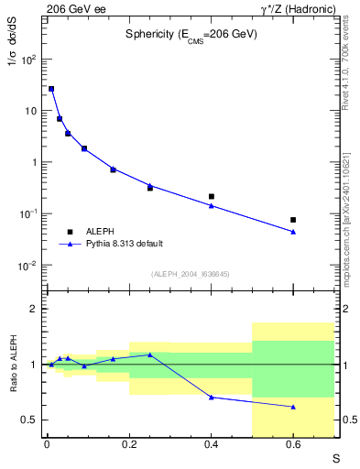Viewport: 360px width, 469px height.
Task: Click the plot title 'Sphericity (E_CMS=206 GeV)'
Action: [191, 35]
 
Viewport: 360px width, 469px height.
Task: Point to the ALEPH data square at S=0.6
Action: [293, 220]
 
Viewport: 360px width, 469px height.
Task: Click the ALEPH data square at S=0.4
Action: [211, 196]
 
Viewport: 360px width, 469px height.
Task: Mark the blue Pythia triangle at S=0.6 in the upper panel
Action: [293, 232]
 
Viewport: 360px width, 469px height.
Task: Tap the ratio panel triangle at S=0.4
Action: [211, 398]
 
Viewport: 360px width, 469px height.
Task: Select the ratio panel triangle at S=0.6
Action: [293, 407]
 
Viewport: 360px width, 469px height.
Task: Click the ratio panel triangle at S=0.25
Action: [149, 354]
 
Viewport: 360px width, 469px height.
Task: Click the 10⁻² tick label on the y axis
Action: [28, 266]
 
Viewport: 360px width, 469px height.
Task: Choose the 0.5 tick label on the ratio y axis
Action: [27, 420]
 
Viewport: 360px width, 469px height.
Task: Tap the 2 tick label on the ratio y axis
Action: [32, 310]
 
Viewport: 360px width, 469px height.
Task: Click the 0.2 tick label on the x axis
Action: [128, 446]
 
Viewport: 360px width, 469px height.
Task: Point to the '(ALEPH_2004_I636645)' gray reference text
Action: [190, 274]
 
